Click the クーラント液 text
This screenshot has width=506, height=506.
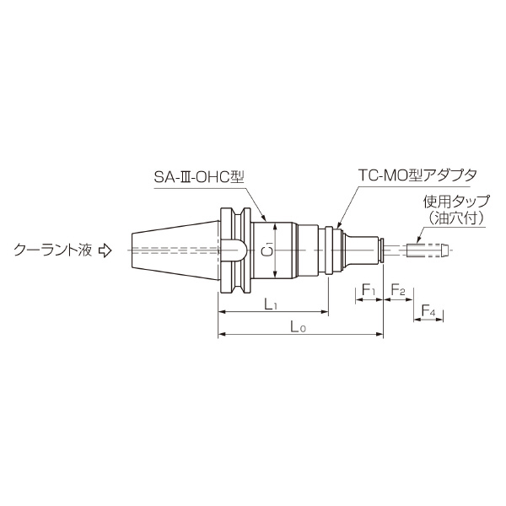click(x=51, y=250)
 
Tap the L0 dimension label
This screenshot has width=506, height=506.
click(x=297, y=326)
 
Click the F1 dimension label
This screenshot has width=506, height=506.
click(x=369, y=291)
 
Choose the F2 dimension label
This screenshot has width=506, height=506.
click(x=397, y=291)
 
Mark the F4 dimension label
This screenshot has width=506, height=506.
click(x=428, y=313)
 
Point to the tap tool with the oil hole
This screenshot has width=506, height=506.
click(x=427, y=250)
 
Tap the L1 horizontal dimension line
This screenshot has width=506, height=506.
click(x=245, y=311)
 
